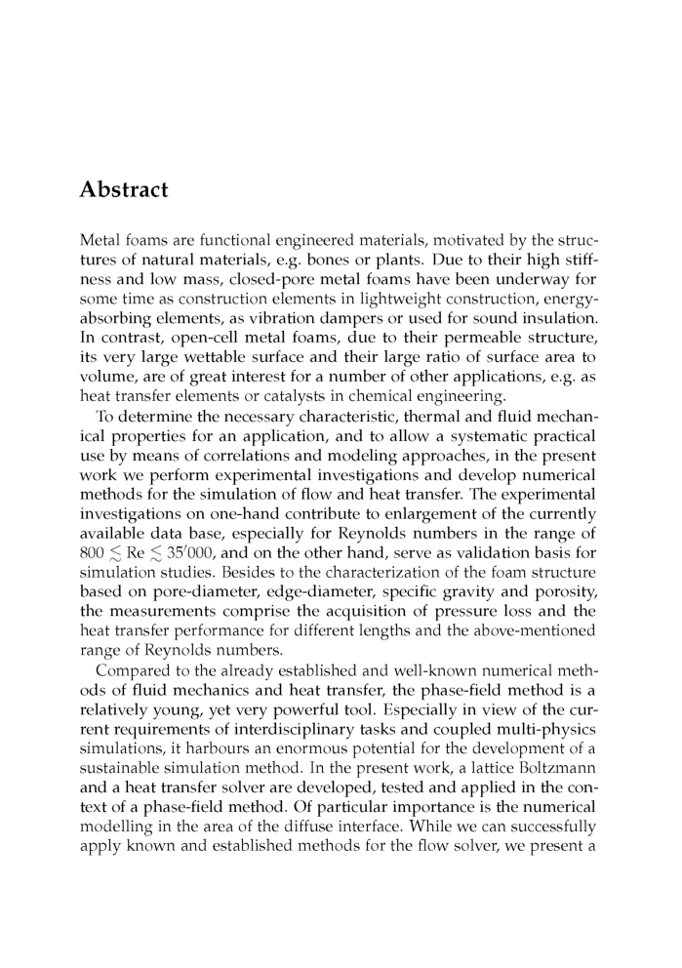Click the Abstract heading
tap(123, 189)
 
